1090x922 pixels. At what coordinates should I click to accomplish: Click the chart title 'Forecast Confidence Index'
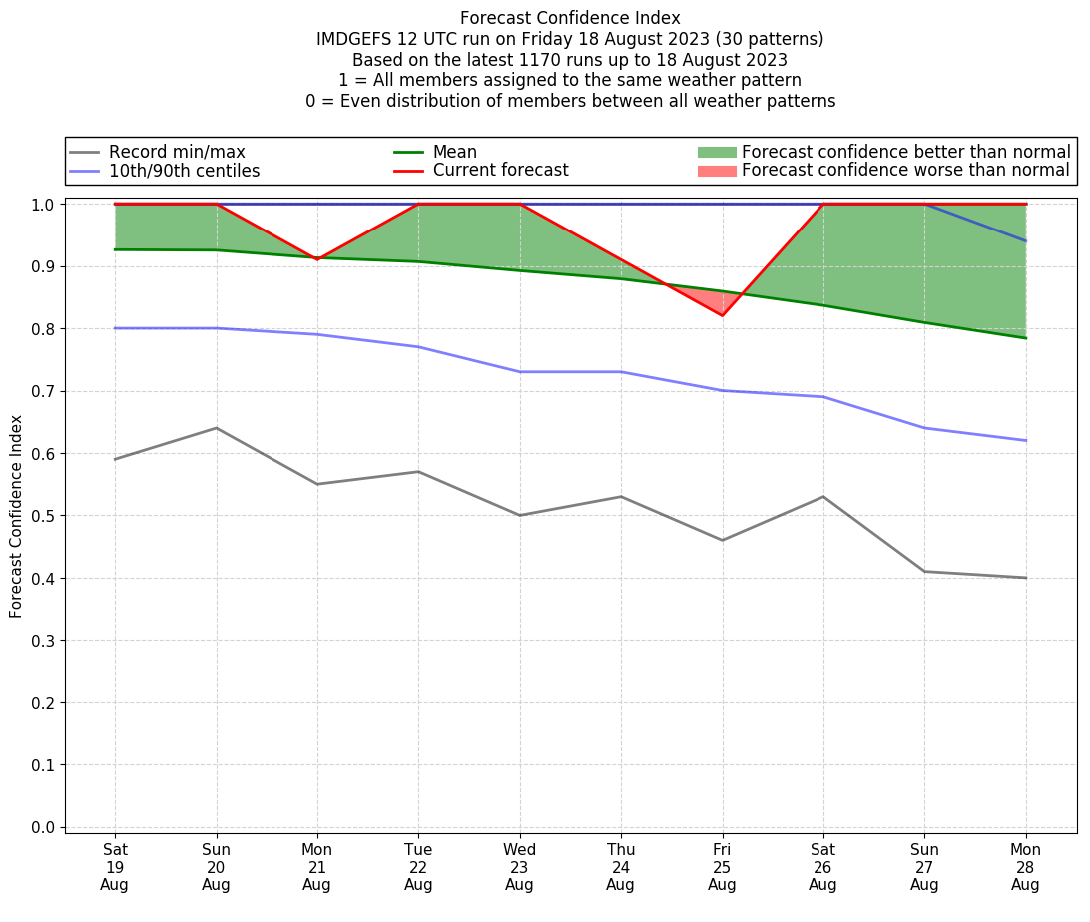click(x=570, y=18)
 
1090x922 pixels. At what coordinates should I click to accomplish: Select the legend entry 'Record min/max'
click(x=177, y=152)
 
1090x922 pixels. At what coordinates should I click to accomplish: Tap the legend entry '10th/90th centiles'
click(x=184, y=171)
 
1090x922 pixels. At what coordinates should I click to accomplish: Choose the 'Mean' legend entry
click(x=454, y=152)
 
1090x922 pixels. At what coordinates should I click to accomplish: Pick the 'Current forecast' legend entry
click(x=500, y=171)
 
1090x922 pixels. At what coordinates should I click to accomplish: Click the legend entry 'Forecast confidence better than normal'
click(x=905, y=152)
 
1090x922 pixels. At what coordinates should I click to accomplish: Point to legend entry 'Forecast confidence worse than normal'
click(x=905, y=171)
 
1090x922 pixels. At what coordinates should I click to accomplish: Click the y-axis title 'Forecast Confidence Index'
click(x=17, y=516)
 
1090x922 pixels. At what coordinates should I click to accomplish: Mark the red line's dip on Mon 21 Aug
click(x=317, y=259)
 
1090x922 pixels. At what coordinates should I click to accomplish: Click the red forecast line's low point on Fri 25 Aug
click(x=722, y=315)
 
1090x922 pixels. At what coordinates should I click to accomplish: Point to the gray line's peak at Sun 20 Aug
click(x=216, y=428)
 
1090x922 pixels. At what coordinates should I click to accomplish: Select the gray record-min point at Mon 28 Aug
click(x=1025, y=578)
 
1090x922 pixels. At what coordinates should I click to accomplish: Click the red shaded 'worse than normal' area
click(x=715, y=300)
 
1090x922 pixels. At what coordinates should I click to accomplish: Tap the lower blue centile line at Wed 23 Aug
click(x=519, y=372)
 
